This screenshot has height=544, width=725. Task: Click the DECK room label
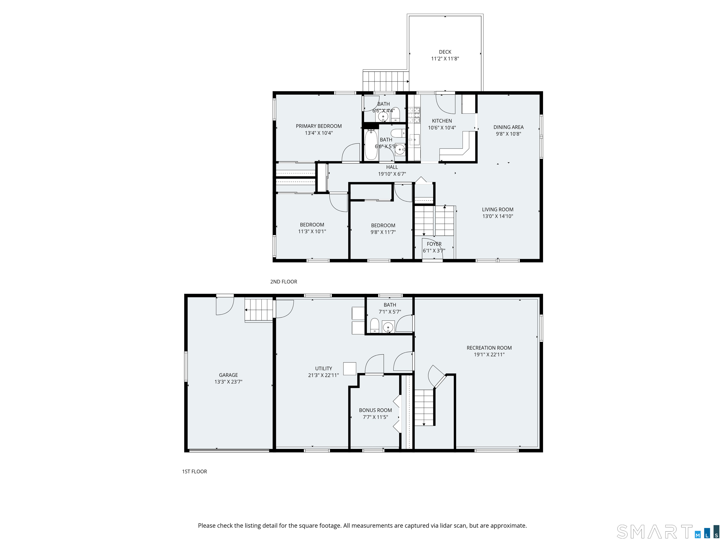click(x=445, y=52)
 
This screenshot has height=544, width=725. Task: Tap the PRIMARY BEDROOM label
click(x=319, y=126)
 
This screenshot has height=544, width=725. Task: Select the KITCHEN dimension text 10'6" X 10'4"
click(x=442, y=127)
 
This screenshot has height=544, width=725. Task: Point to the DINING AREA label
click(x=508, y=127)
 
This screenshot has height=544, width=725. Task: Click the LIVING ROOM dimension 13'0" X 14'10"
click(x=497, y=216)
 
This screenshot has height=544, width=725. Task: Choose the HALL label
click(x=392, y=167)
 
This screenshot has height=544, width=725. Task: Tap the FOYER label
click(x=434, y=244)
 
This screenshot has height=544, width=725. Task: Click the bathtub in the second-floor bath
click(x=371, y=144)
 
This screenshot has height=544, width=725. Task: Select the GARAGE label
click(x=228, y=375)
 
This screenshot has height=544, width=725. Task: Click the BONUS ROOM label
click(x=375, y=410)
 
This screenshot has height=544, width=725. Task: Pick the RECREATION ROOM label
click(x=489, y=348)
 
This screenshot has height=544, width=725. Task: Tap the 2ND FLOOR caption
click(x=283, y=282)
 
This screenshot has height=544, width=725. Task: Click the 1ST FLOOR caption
click(x=194, y=472)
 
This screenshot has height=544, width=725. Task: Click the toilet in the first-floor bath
click(x=375, y=325)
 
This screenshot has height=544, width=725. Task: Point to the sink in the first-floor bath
click(x=388, y=327)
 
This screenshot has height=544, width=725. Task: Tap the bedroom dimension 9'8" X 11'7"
click(x=383, y=232)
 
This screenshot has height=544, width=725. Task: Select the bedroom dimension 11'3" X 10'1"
click(x=312, y=231)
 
